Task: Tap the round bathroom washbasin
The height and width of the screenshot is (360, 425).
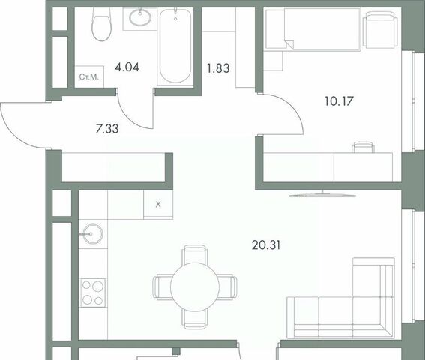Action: click(x=139, y=17)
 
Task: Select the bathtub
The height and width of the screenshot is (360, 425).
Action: click(x=175, y=46)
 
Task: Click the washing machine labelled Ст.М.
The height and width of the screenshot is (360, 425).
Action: click(x=89, y=76)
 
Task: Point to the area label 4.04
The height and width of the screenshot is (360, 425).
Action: click(x=127, y=67)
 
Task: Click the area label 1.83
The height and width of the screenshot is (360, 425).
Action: click(x=218, y=68)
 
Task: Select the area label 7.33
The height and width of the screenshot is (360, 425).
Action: click(x=107, y=129)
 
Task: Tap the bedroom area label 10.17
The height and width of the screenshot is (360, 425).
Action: click(x=339, y=101)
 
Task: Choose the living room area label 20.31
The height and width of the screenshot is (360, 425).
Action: click(x=266, y=245)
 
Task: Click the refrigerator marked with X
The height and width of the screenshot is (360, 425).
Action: click(x=158, y=205)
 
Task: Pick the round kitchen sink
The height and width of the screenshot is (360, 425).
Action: click(x=93, y=233)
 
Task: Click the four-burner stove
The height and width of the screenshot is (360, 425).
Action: click(x=92, y=292)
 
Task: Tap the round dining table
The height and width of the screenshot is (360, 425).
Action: click(x=195, y=286)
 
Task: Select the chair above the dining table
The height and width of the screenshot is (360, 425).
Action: click(x=195, y=254)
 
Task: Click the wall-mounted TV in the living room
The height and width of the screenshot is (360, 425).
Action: click(x=322, y=195)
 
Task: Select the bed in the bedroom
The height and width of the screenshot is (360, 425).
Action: click(x=313, y=29)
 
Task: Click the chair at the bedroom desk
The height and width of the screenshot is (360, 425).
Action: click(x=363, y=148)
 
